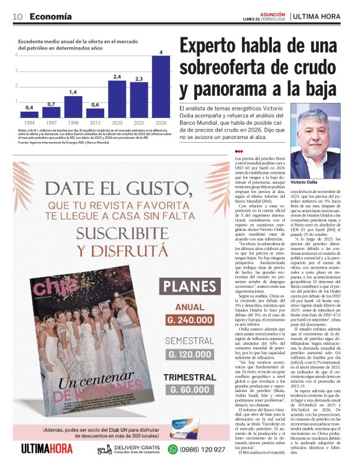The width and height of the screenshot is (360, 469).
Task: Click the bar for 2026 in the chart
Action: pyautogui.click(x=161, y=87)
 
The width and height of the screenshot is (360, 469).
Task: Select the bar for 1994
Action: pyautogui.click(x=29, y=115)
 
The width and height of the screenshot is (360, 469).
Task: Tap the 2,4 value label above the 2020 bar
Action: pyautogui.click(x=117, y=76)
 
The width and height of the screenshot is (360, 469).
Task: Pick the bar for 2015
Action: pyautogui.click(x=95, y=114)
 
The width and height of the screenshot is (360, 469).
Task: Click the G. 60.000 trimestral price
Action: pyautogui.click(x=188, y=389)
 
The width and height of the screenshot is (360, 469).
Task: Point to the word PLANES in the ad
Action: pyautogui.click(x=188, y=288)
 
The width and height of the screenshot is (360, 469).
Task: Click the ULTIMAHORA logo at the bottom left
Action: pyautogui.click(x=47, y=449)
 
